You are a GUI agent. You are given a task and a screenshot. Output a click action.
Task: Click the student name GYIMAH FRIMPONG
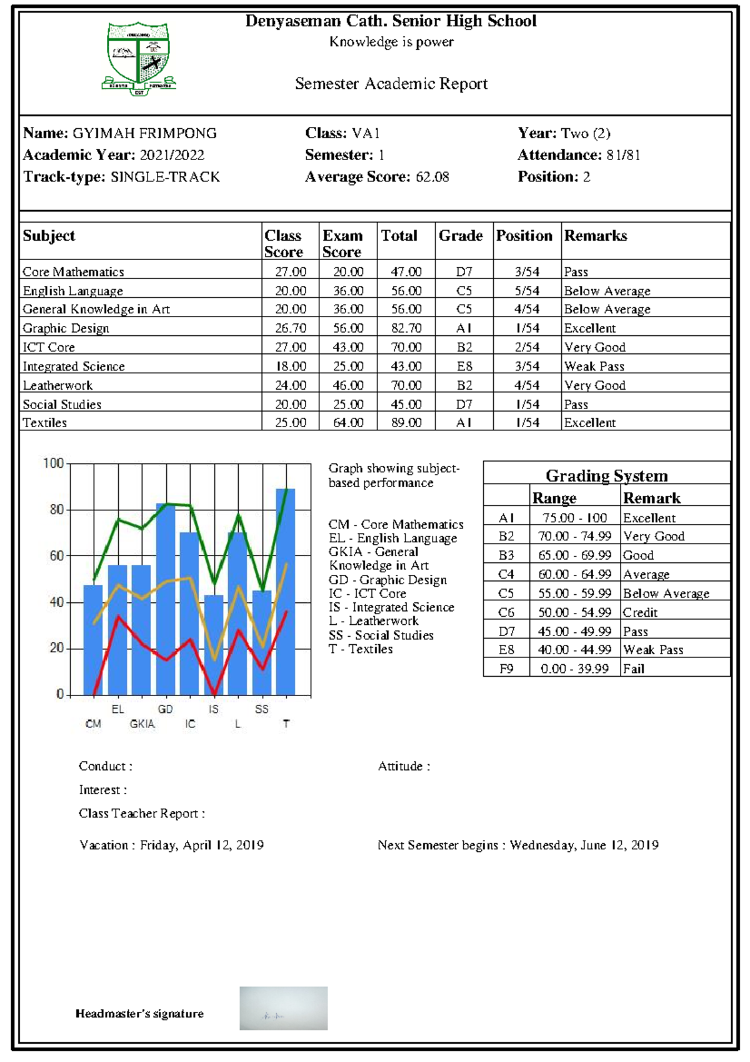coord(144,133)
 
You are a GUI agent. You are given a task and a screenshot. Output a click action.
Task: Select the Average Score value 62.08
coord(432,177)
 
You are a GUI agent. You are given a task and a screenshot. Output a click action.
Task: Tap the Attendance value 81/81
coord(623,155)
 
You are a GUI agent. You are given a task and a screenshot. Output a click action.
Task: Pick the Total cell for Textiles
coord(406,423)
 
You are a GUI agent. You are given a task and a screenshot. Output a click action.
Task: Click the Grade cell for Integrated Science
coord(464,367)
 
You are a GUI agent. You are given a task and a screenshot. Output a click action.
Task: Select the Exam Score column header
coord(342,243)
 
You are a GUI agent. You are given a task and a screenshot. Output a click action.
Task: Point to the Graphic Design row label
coord(66,328)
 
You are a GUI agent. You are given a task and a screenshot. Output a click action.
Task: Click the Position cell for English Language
coord(527,291)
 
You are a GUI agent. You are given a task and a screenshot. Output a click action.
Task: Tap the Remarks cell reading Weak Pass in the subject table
coord(594,367)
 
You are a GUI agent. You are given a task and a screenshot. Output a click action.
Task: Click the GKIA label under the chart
coord(142,724)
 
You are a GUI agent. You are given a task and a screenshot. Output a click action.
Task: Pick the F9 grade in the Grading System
coord(506,669)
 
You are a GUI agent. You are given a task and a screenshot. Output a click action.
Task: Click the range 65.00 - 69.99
coord(574,555)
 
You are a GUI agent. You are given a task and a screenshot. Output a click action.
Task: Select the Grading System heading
coord(606,476)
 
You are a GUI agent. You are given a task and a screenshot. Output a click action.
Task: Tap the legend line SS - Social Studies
coord(381,635)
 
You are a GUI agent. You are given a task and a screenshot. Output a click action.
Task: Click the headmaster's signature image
coord(283,1008)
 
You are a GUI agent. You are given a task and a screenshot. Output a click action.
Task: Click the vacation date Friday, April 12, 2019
coord(201,845)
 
